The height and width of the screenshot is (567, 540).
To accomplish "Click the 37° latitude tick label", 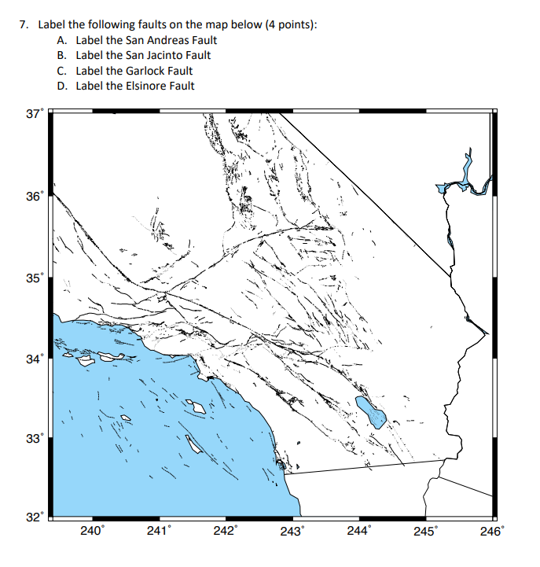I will click(33, 114).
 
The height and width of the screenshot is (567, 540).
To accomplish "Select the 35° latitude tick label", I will click(33, 278).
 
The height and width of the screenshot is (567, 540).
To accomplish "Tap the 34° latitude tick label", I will click(33, 359).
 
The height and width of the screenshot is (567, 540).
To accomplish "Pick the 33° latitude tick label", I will click(33, 439).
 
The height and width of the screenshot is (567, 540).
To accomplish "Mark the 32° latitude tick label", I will click(33, 517).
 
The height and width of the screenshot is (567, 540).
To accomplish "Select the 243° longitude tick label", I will click(291, 532).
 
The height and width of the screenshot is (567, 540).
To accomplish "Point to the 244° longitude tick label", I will click(358, 532).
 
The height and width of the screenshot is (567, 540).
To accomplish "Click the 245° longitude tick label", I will click(424, 532).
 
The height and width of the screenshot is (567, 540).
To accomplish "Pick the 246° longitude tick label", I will click(490, 532).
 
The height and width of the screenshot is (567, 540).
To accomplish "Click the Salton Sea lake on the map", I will click(370, 410).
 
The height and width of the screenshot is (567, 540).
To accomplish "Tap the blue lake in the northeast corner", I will click(464, 183).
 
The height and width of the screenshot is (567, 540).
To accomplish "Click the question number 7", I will click(23, 25).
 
